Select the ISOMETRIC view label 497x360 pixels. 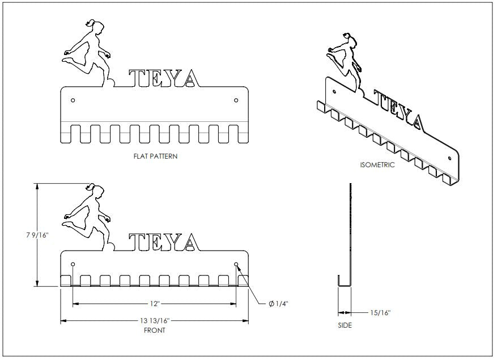tap(377, 165)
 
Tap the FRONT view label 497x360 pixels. tap(154, 329)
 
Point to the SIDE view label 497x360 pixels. tap(345, 325)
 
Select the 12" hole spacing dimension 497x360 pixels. tap(154, 304)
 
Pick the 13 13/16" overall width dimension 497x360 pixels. tap(154, 321)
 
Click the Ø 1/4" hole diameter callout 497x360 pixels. tap(278, 304)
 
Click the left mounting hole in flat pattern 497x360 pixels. tap(73, 100)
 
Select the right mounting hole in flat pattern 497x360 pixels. tap(236, 100)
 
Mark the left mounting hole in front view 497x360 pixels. tap(73, 265)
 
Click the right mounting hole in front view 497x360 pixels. tap(236, 265)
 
